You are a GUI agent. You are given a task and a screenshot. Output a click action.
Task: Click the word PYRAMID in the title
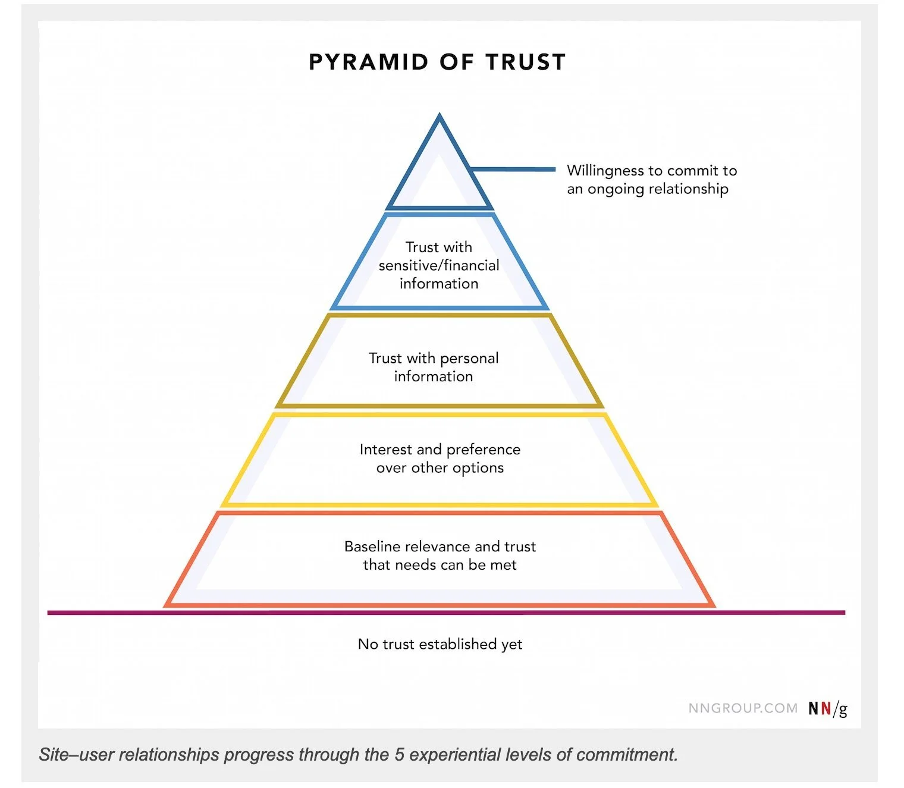point(369,62)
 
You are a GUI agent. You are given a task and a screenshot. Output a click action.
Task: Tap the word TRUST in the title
point(525,62)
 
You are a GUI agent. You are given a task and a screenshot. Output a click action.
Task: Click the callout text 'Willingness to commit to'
point(652,171)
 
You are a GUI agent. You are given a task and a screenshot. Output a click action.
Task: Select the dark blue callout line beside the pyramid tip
point(513,169)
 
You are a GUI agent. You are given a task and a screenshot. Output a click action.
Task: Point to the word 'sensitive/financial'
point(439,265)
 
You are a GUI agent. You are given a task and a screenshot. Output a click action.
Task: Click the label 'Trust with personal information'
point(434,367)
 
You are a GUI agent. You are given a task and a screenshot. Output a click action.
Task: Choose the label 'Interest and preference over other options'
point(440,459)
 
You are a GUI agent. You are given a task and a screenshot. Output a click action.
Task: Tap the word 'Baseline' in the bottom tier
point(372,547)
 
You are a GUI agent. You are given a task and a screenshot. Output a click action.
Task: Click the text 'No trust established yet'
point(440,645)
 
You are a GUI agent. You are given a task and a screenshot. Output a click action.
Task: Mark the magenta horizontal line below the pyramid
point(446,613)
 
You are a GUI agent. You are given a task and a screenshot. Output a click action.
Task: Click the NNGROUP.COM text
point(743,708)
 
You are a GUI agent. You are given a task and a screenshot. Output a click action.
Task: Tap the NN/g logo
point(827,709)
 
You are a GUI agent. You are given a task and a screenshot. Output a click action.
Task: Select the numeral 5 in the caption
point(400,755)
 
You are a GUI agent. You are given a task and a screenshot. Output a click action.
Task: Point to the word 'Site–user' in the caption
point(77,755)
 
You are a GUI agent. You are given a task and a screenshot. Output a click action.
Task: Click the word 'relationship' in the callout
point(688,190)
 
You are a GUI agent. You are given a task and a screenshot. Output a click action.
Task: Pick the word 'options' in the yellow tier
point(479,468)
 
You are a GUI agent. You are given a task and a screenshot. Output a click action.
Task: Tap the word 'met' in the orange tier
point(503,565)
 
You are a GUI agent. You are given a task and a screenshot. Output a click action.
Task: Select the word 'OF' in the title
point(457,62)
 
